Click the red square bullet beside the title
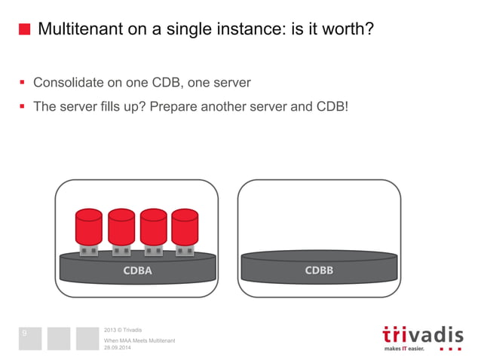[x=24, y=30]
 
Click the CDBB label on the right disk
[x=319, y=270]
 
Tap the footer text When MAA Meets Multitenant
[x=139, y=341]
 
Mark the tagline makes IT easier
[x=404, y=349]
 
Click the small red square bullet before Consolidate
[x=23, y=82]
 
